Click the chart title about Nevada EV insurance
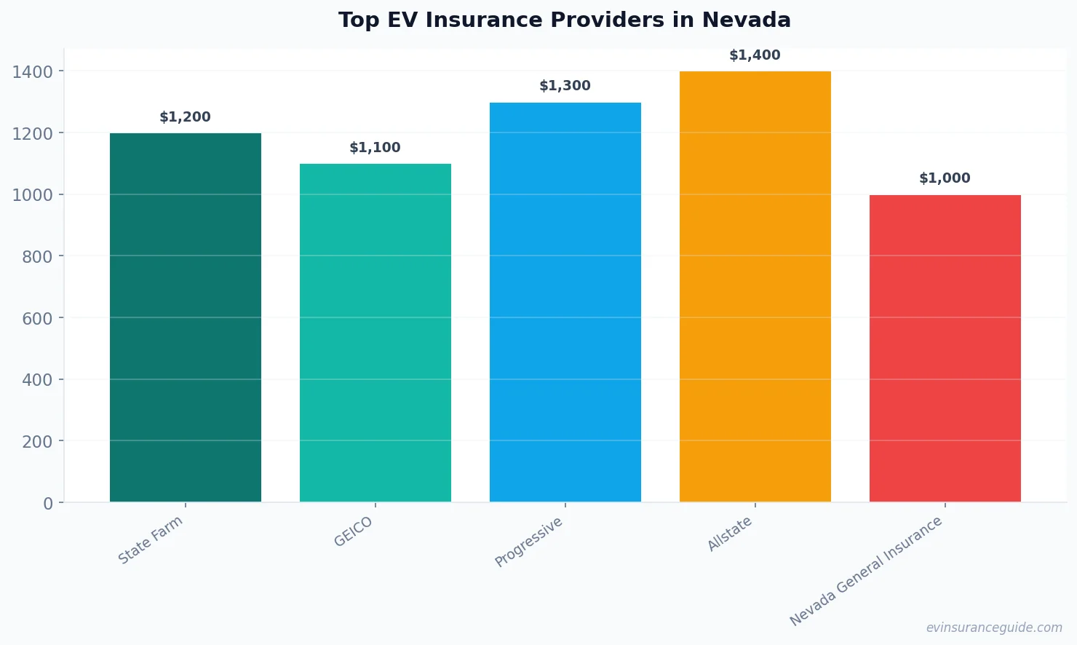click(564, 20)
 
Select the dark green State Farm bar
click(186, 317)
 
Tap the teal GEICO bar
click(375, 333)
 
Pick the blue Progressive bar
click(565, 302)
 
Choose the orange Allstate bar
click(755, 287)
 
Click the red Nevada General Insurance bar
click(945, 348)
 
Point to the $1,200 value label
click(186, 117)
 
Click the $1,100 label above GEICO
click(375, 148)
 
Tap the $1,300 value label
click(565, 86)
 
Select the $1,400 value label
click(755, 55)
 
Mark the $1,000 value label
click(945, 178)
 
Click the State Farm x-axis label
click(151, 540)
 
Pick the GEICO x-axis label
click(354, 532)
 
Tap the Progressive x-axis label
click(529, 542)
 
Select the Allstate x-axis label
click(730, 534)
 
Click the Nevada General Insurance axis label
click(867, 571)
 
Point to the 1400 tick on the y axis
click(33, 71)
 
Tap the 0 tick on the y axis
click(48, 504)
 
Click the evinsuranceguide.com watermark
click(994, 628)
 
